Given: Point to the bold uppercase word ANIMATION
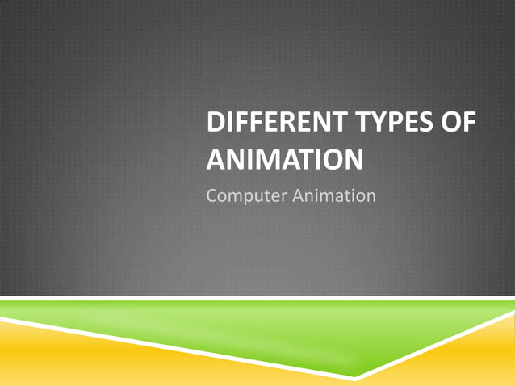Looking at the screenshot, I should tap(284, 159).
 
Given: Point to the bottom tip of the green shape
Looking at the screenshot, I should tap(355, 377).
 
